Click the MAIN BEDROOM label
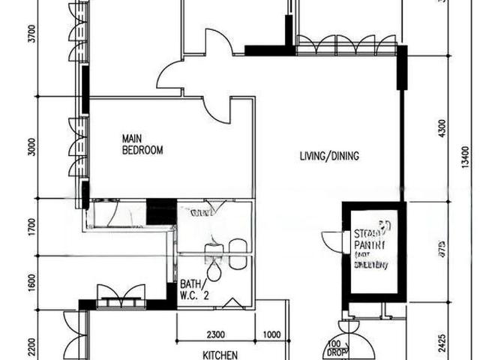click(x=142, y=144)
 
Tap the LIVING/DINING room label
click(x=329, y=157)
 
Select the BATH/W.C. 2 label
click(x=195, y=289)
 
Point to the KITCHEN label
click(x=220, y=355)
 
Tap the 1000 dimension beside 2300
click(x=270, y=335)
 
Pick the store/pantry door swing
click(x=330, y=242)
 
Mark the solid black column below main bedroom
click(x=160, y=211)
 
